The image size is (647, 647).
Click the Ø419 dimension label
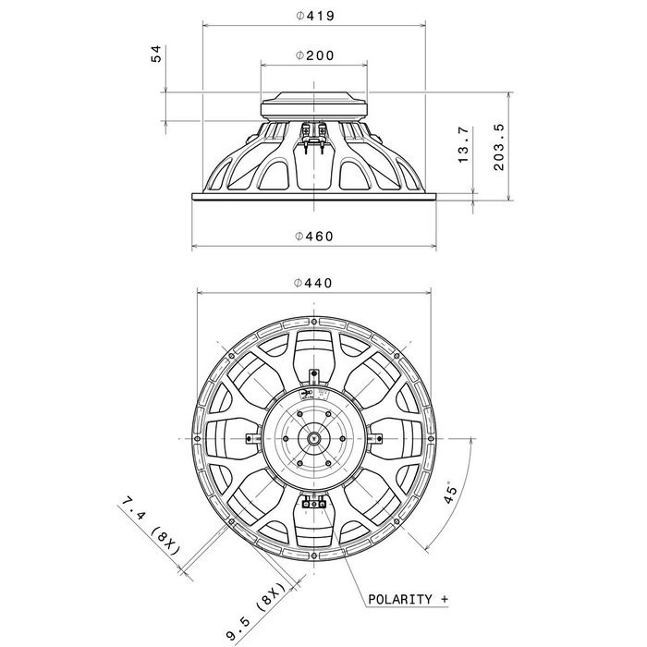pos(315,16)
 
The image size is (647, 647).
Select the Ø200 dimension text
pos(315,55)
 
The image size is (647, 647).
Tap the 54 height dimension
pos(156,54)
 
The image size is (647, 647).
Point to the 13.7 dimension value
pos(464,144)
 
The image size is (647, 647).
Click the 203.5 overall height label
pos(499,147)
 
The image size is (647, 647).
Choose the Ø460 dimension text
pos(314,236)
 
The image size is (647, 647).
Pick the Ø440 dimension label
pos(313,283)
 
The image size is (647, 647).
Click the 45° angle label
pos(451,493)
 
